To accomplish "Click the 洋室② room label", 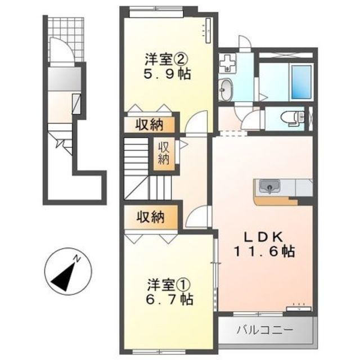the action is click(x=166, y=60).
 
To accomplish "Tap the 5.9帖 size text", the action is click(x=167, y=74).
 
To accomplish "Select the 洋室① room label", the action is click(x=169, y=285).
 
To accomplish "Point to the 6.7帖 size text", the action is click(x=170, y=299).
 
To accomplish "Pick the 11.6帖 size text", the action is click(x=264, y=251).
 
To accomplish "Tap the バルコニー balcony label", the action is click(x=265, y=330).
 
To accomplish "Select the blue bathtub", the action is click(x=301, y=82).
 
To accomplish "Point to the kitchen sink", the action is click(x=269, y=186).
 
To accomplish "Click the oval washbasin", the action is click(x=226, y=89).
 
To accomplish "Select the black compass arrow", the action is click(x=64, y=277).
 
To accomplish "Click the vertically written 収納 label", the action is click(x=164, y=154).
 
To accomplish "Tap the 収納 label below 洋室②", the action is click(x=149, y=125).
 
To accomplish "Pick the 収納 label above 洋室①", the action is click(x=151, y=217).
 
